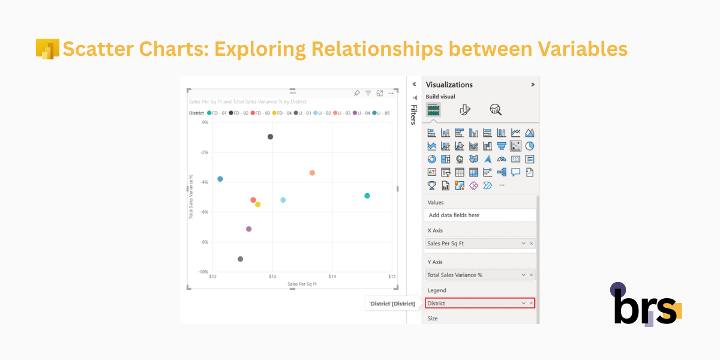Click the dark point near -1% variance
(270, 137)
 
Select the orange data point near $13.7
(312, 173)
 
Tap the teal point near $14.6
(367, 196)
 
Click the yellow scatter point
(257, 205)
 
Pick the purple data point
(248, 229)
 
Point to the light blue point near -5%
(283, 200)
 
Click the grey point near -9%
(240, 259)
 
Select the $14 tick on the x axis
(332, 277)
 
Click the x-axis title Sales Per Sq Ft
(302, 284)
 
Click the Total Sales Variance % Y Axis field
(474, 275)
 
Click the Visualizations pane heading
(449, 85)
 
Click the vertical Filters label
(413, 115)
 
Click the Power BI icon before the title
(47, 49)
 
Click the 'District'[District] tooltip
(392, 304)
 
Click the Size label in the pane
(432, 319)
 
